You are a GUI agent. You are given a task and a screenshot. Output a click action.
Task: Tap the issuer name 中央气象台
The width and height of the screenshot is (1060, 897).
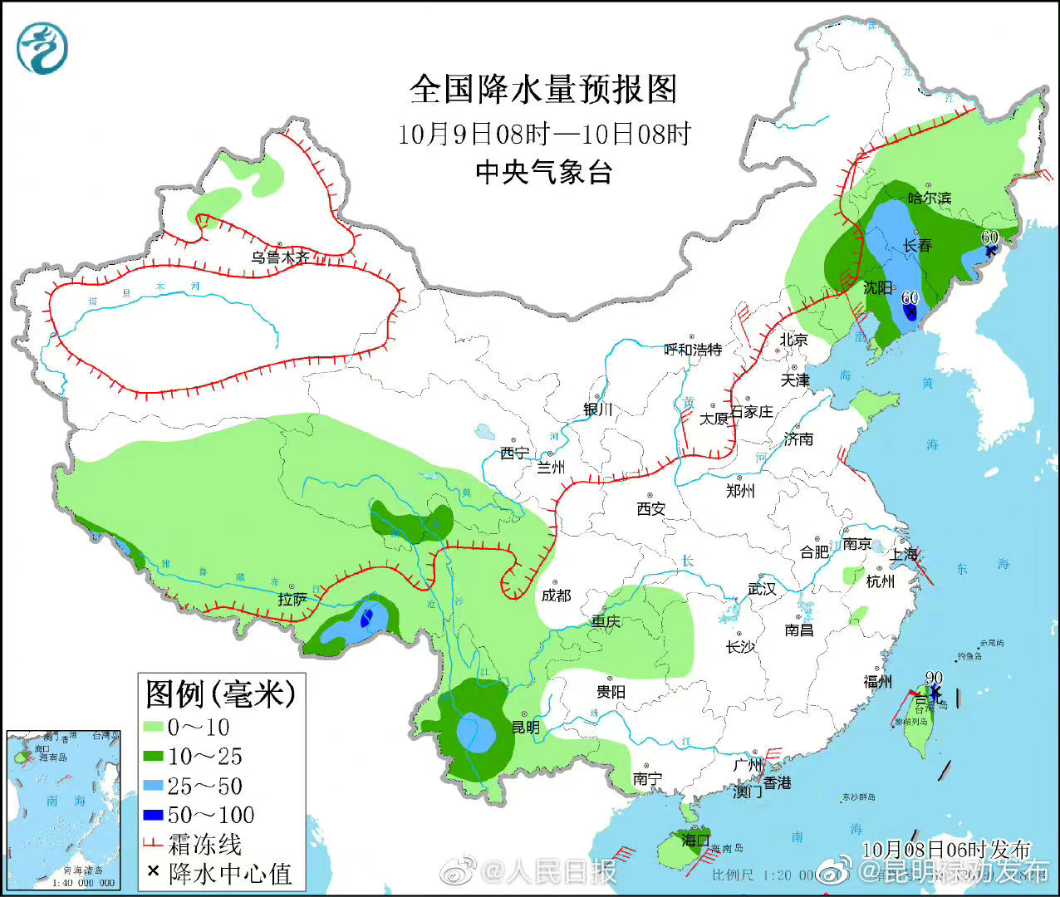543,172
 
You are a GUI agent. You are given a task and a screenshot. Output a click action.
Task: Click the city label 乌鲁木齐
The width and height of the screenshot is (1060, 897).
281,257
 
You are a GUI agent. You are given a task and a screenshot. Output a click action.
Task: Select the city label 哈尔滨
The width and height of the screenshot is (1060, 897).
929,198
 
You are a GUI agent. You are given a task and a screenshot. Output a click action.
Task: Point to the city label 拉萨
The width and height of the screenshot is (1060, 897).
292,598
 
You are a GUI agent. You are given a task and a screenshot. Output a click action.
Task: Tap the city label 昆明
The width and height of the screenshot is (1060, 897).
526,728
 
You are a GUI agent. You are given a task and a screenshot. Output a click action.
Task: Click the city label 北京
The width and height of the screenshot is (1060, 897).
793,339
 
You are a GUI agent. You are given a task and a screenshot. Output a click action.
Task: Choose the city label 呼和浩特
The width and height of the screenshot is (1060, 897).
693,350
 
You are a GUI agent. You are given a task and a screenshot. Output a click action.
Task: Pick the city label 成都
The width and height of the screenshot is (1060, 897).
556,595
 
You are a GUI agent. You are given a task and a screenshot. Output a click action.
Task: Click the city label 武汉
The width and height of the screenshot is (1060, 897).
761,588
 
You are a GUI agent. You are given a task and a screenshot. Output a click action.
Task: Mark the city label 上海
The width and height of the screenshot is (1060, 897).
904,554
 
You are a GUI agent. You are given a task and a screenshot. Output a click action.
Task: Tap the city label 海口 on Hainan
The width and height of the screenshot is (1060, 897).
694,840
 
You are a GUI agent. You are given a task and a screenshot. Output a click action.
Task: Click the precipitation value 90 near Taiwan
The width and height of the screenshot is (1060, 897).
933,679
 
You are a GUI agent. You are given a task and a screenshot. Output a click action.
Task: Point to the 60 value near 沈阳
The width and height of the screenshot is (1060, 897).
910,297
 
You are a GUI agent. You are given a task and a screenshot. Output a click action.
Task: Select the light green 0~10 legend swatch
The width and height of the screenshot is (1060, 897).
153,728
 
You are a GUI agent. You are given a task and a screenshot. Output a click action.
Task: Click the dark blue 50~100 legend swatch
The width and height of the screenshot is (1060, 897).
153,816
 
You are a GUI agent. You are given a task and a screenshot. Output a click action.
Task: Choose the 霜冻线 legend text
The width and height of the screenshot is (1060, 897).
204,845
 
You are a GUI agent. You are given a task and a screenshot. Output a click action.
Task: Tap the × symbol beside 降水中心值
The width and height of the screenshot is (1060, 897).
153,871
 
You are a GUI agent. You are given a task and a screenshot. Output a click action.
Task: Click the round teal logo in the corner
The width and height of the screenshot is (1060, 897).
42,48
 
